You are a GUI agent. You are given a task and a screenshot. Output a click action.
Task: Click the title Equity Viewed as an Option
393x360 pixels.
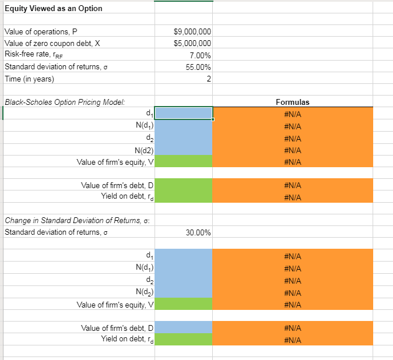click(53, 8)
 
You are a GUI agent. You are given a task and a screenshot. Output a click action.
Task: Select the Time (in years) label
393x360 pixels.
click(29, 79)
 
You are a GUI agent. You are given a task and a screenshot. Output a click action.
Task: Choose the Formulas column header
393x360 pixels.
click(292, 103)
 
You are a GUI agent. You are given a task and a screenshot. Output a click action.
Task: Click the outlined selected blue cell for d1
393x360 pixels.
click(184, 114)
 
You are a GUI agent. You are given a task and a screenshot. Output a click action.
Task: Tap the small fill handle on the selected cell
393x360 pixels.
click(213, 119)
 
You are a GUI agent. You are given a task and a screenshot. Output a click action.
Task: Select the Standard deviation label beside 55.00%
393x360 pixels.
click(55, 67)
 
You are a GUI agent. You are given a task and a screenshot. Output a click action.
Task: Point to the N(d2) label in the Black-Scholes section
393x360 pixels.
click(143, 150)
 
